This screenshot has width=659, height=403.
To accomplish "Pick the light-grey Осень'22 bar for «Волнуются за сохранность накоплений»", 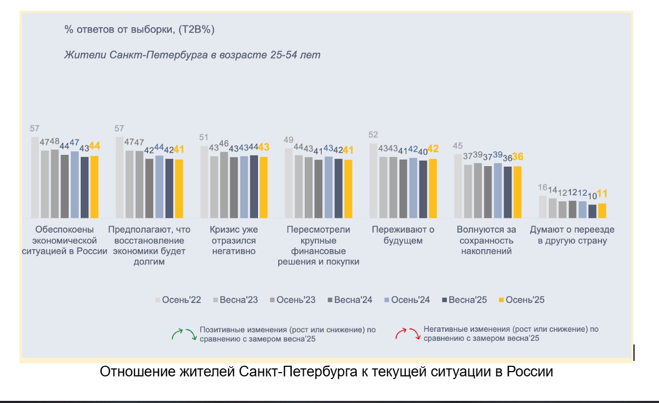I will (x=458, y=186).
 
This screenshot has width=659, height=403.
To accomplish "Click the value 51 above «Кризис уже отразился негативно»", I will (x=204, y=137).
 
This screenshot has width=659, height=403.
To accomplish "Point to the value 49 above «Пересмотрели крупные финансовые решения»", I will (x=288, y=140).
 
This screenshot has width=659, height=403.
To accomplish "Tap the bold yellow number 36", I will (x=518, y=157).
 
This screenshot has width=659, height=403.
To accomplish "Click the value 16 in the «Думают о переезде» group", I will (x=543, y=187).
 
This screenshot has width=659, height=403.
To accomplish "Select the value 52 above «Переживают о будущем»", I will (x=373, y=135).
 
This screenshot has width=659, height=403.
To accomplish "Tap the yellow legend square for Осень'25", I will (x=500, y=300).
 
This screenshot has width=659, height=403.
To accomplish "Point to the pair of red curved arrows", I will (x=407, y=334).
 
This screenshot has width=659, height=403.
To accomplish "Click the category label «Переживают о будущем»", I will (x=403, y=235).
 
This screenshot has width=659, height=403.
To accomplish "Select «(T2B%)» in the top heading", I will (x=196, y=30).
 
